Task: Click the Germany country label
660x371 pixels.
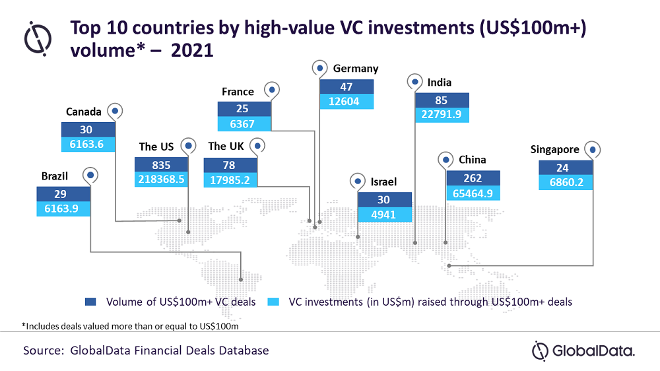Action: click(356, 69)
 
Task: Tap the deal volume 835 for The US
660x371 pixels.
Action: click(161, 165)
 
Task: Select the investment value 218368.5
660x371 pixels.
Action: click(161, 180)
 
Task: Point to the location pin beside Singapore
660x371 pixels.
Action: click(593, 149)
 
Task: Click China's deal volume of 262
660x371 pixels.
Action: click(473, 178)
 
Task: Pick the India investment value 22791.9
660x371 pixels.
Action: click(442, 115)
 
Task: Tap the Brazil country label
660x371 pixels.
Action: click(55, 176)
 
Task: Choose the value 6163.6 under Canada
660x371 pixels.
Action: click(86, 145)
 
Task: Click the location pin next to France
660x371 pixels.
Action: click(272, 90)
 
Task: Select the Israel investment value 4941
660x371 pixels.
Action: click(383, 215)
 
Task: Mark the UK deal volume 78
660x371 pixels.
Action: click(230, 165)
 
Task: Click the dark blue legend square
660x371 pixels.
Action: click(90, 302)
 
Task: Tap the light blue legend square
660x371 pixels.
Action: click(273, 302)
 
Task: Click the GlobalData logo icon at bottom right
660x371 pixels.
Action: click(540, 351)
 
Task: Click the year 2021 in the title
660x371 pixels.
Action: click(192, 51)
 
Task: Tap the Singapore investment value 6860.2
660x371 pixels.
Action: click(566, 182)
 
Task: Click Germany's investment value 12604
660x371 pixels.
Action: click(344, 102)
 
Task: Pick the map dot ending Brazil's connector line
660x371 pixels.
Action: click(241, 280)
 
